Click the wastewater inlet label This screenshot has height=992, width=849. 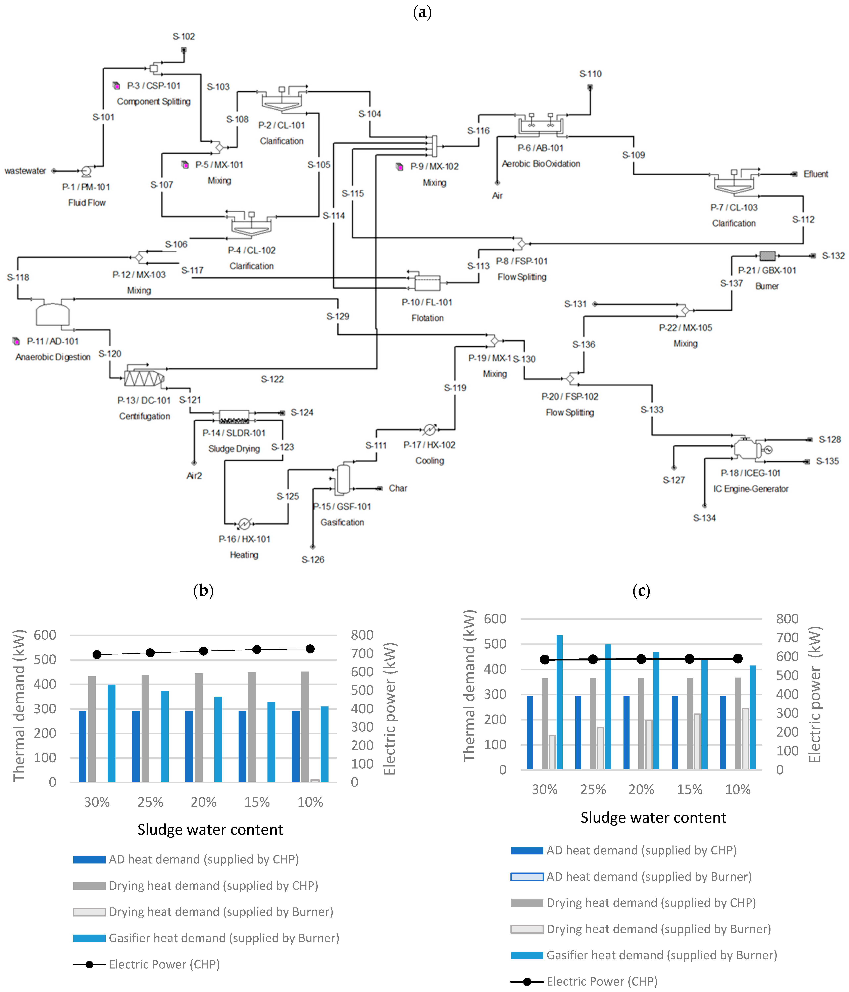(x=25, y=171)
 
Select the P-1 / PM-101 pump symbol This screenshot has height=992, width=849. (x=86, y=171)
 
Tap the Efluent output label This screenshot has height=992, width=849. (x=815, y=174)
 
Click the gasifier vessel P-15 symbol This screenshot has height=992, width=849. (x=343, y=479)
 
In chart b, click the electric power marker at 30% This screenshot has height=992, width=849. (x=97, y=654)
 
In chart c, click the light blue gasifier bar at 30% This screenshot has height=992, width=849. (x=559, y=702)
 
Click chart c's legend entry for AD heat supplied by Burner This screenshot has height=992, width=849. (x=649, y=877)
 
